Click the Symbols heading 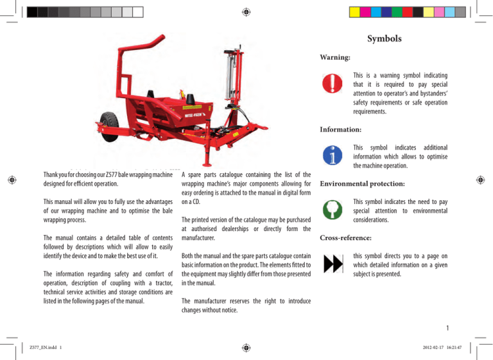(385, 39)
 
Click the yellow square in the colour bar (354, 12)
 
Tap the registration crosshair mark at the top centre (246, 12)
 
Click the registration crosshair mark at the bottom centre (246, 347)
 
